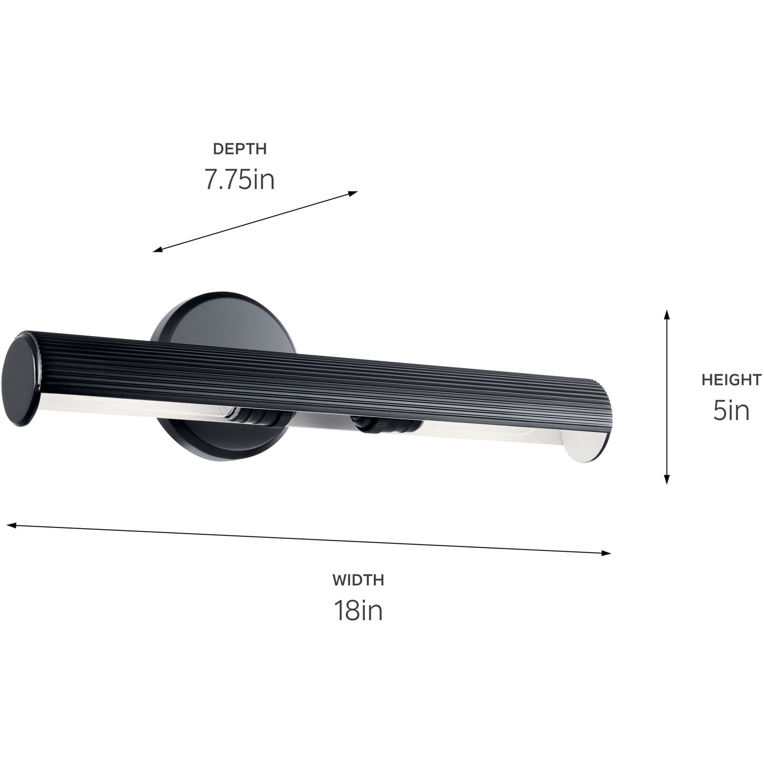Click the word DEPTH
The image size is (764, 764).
tap(240, 149)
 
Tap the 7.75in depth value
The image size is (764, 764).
tap(240, 179)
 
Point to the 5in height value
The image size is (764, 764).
tap(731, 411)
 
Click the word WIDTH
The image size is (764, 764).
tap(358, 580)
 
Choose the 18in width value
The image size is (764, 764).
tap(358, 611)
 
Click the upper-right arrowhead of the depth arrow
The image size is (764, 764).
tap(354, 193)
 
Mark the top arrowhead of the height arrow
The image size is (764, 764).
tap(667, 313)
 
